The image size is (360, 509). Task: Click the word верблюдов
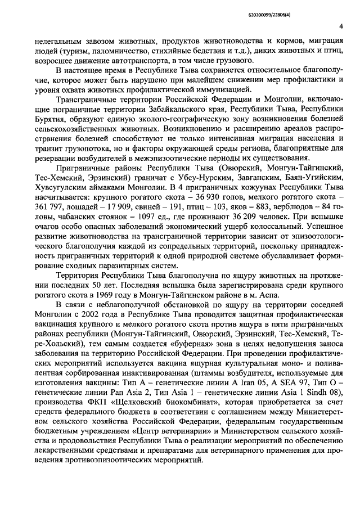click(x=287, y=225)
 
